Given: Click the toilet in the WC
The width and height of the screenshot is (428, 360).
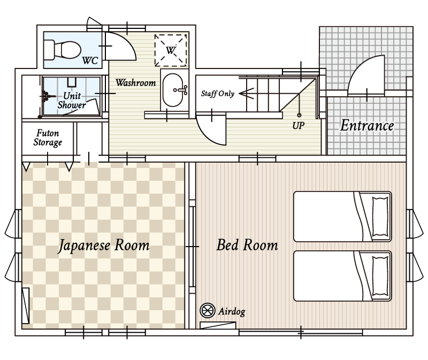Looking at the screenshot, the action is coord(63,50).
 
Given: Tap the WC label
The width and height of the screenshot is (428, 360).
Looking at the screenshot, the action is coord(90,60).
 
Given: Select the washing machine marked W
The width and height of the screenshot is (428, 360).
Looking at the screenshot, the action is coord(171,50).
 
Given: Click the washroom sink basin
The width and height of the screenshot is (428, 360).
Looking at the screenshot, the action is coord(173,90).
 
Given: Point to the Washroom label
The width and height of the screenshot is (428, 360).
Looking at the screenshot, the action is coord(136,82).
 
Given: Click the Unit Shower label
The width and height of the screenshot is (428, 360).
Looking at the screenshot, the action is coord(72,100).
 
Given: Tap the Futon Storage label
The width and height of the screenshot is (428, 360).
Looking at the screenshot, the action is coord(48,138).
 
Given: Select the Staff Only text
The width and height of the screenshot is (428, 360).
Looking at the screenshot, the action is coord(218,94).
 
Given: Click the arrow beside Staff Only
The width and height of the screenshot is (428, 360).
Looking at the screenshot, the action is coord(247,94).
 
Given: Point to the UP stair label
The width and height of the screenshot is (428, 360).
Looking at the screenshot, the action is coord(299,126).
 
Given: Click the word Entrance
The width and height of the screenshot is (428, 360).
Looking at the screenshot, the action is coord(367,126).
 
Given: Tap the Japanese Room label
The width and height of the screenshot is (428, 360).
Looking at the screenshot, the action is coord(104,246).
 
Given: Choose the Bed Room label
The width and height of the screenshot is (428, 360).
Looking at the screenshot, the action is coord(247,245).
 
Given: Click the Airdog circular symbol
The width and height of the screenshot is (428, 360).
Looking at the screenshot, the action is coord(208,310).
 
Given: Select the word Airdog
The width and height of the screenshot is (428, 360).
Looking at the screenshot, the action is coord(232,311).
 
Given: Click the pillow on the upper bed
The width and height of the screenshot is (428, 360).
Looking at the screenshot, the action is coord(380,217).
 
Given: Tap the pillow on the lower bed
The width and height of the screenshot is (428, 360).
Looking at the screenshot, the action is coord(380,276).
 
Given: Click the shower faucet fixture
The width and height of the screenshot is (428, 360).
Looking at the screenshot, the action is coord(47,96).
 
